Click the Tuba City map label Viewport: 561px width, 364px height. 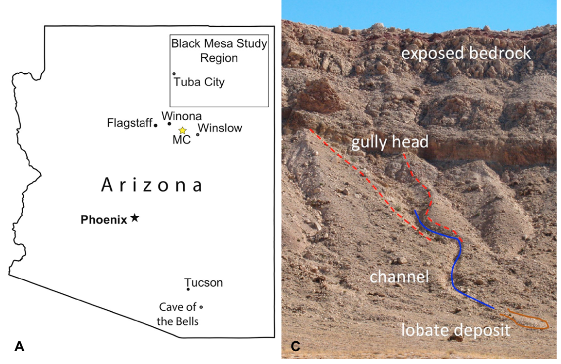point(199,82)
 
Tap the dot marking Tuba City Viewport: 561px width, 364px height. point(174,74)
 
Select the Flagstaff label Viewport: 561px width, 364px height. point(129,123)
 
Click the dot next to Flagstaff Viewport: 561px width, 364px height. point(155,125)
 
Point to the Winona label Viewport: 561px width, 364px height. point(181,116)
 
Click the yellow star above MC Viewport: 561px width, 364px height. point(182,131)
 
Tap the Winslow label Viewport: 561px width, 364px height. point(220,128)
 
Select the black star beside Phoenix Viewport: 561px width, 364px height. point(135,218)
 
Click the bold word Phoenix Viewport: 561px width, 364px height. point(104,220)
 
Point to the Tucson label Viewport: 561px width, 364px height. point(204,283)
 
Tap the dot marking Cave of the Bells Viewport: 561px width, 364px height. point(201,307)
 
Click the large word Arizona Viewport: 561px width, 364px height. point(152,185)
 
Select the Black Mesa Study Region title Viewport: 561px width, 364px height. point(219,51)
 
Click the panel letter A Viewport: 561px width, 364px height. point(20,347)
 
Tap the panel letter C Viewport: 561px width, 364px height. point(295,347)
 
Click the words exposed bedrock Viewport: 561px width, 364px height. point(466,53)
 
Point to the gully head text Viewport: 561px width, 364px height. point(390,142)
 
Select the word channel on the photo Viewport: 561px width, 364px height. point(399,277)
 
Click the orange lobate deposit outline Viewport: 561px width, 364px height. point(527,320)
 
